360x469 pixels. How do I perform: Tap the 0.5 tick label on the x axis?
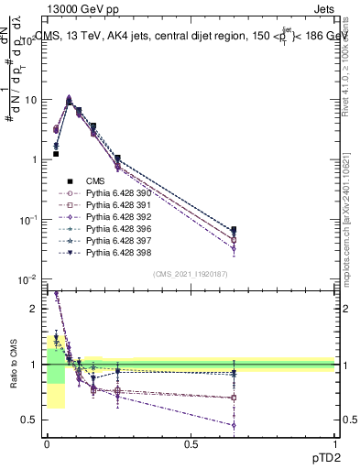191,444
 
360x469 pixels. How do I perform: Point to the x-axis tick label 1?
335,444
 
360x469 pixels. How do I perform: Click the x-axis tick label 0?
47,444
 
